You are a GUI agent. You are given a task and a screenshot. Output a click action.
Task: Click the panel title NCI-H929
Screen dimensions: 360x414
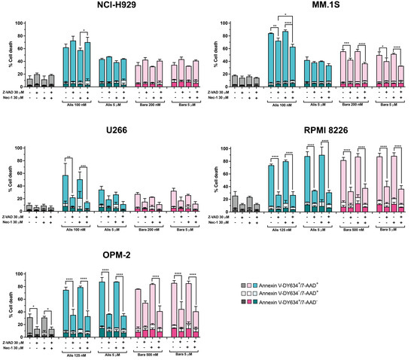pos(102,7)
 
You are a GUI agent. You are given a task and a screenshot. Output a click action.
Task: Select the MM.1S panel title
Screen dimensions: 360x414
pos(308,7)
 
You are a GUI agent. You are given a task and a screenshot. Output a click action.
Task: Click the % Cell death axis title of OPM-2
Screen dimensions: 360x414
pos(6,301)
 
